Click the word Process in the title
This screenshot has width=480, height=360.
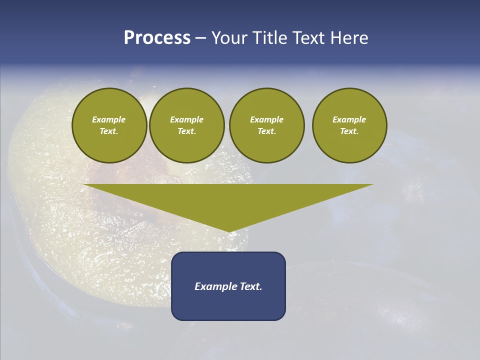pyautogui.click(x=157, y=38)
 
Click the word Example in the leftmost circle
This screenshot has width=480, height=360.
pyautogui.click(x=109, y=119)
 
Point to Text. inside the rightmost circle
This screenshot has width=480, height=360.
pyautogui.click(x=349, y=131)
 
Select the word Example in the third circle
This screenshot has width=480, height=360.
pyautogui.click(x=266, y=119)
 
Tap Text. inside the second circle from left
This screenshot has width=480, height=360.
pyautogui.click(x=186, y=131)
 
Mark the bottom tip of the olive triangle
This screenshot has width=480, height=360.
pyautogui.click(x=229, y=231)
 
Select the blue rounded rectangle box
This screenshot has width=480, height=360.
pyautogui.click(x=228, y=305)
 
